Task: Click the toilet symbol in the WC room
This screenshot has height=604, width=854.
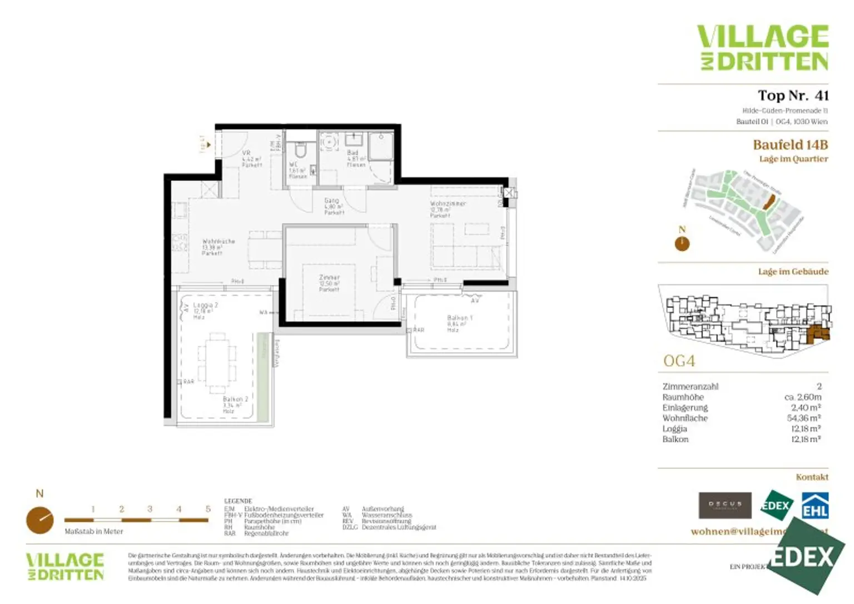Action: (x=301, y=149)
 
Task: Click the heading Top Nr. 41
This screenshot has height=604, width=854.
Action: (x=793, y=96)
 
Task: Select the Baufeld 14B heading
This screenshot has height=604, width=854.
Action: (x=790, y=145)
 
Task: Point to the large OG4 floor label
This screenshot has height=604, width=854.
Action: (x=679, y=361)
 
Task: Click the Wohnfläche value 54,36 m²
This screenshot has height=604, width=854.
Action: (x=804, y=418)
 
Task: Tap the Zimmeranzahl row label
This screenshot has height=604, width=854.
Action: (x=690, y=386)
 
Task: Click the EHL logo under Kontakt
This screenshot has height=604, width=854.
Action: (x=815, y=506)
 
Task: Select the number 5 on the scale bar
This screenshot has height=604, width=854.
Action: (x=208, y=509)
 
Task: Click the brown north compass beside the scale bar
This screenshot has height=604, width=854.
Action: (x=40, y=520)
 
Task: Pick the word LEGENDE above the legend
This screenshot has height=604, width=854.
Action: (x=238, y=501)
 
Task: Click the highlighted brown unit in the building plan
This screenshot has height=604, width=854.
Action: (x=817, y=333)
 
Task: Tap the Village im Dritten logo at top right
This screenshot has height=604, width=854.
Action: (x=763, y=48)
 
